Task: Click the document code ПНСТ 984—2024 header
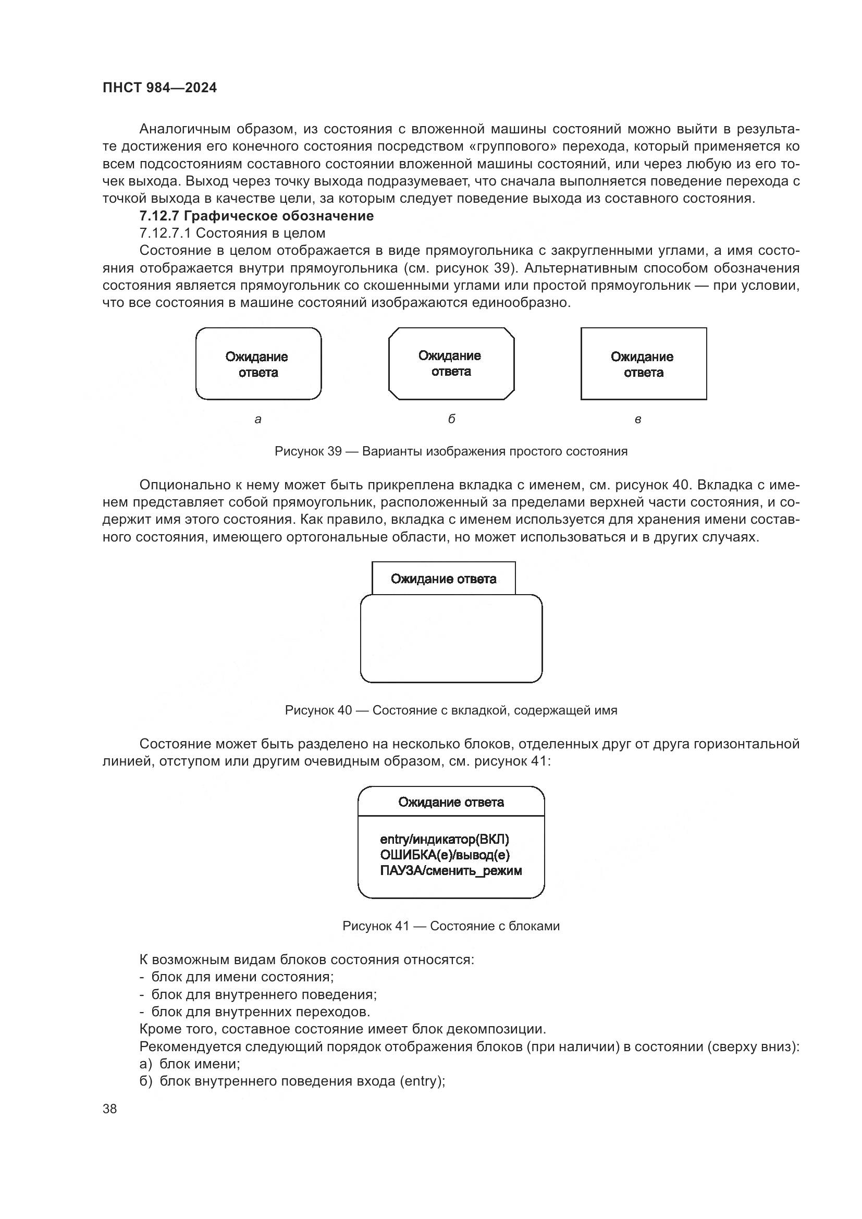159,88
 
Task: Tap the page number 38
109,1109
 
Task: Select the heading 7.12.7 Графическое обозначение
256,216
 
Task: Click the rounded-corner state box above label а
258,364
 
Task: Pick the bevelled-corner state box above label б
451,364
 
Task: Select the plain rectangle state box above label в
643,364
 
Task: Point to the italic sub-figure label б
451,419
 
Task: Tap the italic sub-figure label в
638,420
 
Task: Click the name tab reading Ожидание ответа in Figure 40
443,578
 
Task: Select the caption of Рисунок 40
451,710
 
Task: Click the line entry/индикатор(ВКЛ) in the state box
444,840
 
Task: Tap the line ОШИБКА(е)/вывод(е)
445,855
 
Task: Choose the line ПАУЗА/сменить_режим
451,871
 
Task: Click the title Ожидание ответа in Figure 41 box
451,802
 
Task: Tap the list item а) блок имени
190,1064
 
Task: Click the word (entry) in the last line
422,1081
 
